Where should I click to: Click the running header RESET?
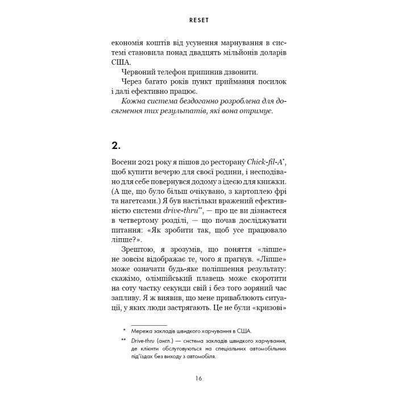[198, 19]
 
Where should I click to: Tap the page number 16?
[198, 378]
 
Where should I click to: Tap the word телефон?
[182, 73]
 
